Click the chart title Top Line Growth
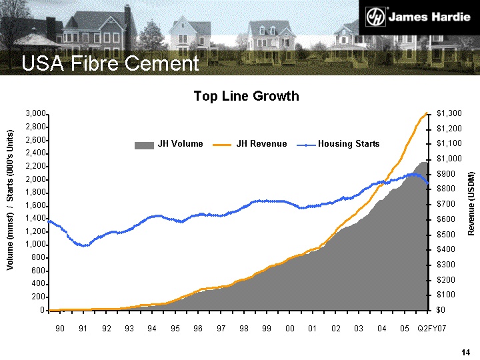tap(246, 96)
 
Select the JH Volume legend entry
tap(169, 144)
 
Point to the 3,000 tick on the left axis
tap(35, 114)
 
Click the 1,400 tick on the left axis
tap(35, 219)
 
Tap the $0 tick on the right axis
tap(442, 310)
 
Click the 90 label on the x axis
tap(60, 329)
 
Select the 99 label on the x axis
tap(267, 329)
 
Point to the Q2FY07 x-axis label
tap(432, 329)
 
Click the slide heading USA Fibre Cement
tap(110, 64)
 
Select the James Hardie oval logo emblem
tap(378, 17)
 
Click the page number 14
tap(466, 351)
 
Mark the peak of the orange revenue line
tap(427, 113)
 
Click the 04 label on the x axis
tap(381, 329)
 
